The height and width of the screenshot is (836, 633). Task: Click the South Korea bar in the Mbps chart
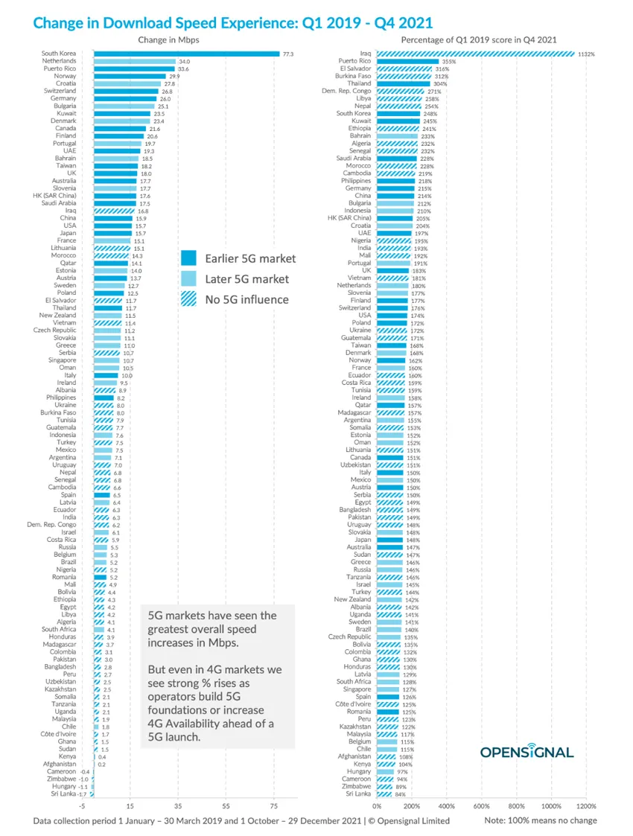tap(186, 54)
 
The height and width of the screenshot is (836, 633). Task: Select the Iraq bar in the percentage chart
tap(475, 54)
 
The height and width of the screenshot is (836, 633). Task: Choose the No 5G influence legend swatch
tap(189, 300)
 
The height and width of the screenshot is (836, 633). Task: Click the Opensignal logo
tap(527, 751)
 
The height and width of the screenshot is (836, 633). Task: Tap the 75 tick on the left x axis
tap(273, 805)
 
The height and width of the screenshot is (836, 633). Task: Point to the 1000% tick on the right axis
tap(551, 805)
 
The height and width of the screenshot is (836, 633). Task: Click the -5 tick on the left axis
tap(83, 805)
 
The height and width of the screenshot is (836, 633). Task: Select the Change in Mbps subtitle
tap(168, 39)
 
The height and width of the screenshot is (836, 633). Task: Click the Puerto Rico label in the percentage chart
tap(354, 61)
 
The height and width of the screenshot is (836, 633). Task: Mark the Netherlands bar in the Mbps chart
tap(134, 62)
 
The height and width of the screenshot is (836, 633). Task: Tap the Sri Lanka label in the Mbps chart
tap(62, 795)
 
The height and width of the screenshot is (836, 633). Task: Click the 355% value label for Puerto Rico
tap(448, 61)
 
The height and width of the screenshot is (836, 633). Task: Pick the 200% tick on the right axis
tap(412, 805)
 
